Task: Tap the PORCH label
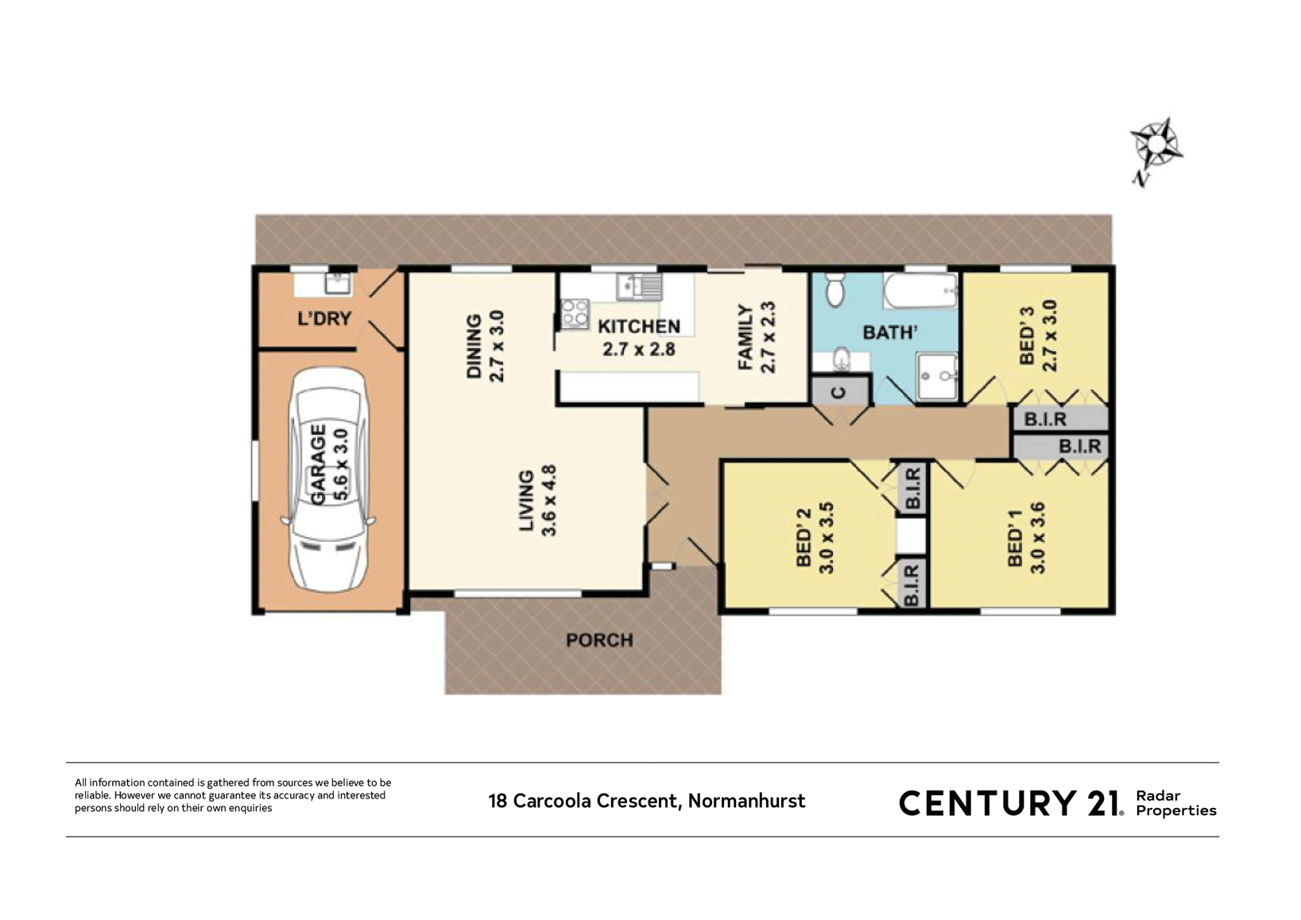click(599, 640)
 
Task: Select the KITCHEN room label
click(639, 327)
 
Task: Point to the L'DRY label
click(324, 319)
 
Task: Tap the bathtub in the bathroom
click(920, 292)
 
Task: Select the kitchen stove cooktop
click(575, 314)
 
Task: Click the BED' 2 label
click(803, 538)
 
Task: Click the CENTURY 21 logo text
click(1009, 803)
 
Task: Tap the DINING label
click(474, 346)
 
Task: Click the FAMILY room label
click(745, 338)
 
